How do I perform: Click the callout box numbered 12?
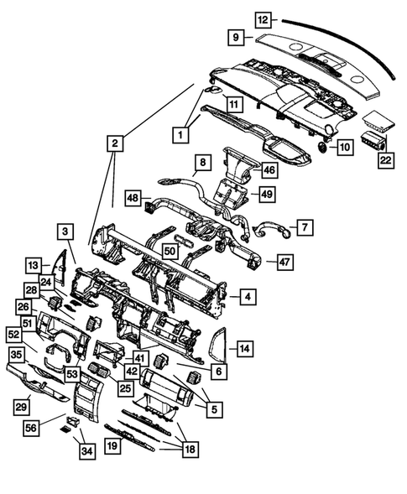[x=264, y=18]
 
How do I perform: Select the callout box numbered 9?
[x=237, y=37]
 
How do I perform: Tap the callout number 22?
[x=385, y=159]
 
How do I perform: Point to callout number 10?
[x=344, y=148]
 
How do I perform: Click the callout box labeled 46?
[x=269, y=169]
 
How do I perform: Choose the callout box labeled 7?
[x=305, y=226]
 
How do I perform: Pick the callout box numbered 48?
[x=133, y=197]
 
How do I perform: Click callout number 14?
[x=244, y=347]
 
